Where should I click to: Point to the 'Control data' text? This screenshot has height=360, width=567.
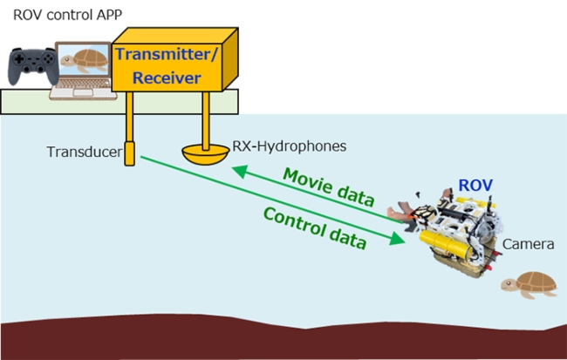[x=313, y=228]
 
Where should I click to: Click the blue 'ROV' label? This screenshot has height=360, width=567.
[x=475, y=186]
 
